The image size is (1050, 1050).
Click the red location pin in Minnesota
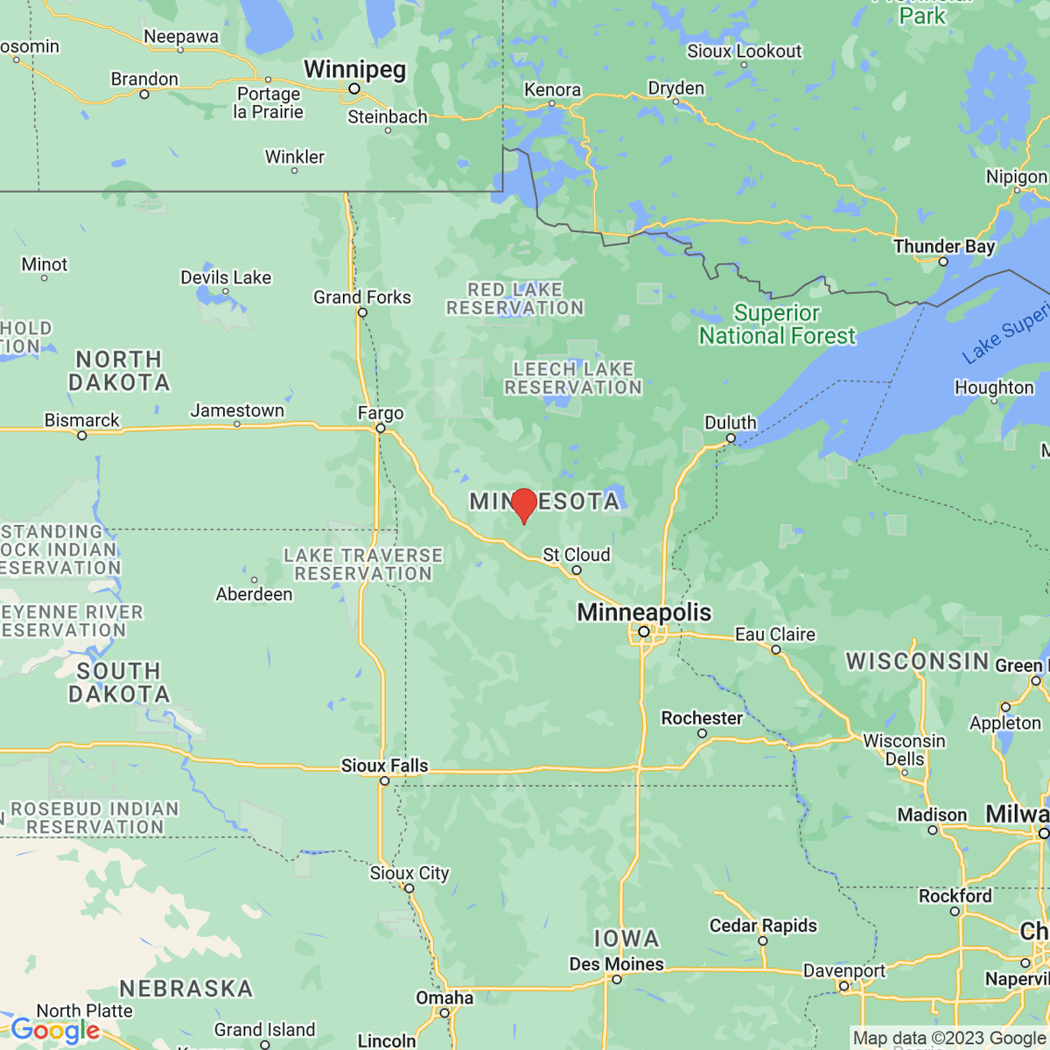[x=523, y=505]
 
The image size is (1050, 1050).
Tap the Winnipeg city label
[x=354, y=69]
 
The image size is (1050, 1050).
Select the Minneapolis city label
[x=644, y=612]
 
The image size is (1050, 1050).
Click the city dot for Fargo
[x=381, y=429]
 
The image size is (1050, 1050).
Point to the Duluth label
[x=730, y=423]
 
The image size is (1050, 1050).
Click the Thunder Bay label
[x=944, y=246]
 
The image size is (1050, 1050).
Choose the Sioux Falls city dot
[x=384, y=781]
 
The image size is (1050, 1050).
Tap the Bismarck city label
[x=82, y=420]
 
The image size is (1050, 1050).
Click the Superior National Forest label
[x=777, y=325]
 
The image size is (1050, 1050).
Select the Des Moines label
[x=616, y=964]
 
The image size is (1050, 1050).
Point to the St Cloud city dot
[x=576, y=570]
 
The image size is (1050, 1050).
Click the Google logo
[x=55, y=1031]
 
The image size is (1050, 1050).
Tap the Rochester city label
[x=702, y=718]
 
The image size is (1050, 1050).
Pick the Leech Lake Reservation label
[x=573, y=378]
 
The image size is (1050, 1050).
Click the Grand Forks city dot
[x=362, y=312]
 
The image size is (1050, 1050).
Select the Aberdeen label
[x=255, y=594]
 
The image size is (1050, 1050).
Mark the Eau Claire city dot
[x=775, y=649]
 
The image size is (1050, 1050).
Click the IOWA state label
[x=626, y=939]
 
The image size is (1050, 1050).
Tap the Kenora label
[x=552, y=90]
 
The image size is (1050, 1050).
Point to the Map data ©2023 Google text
[x=949, y=1039]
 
